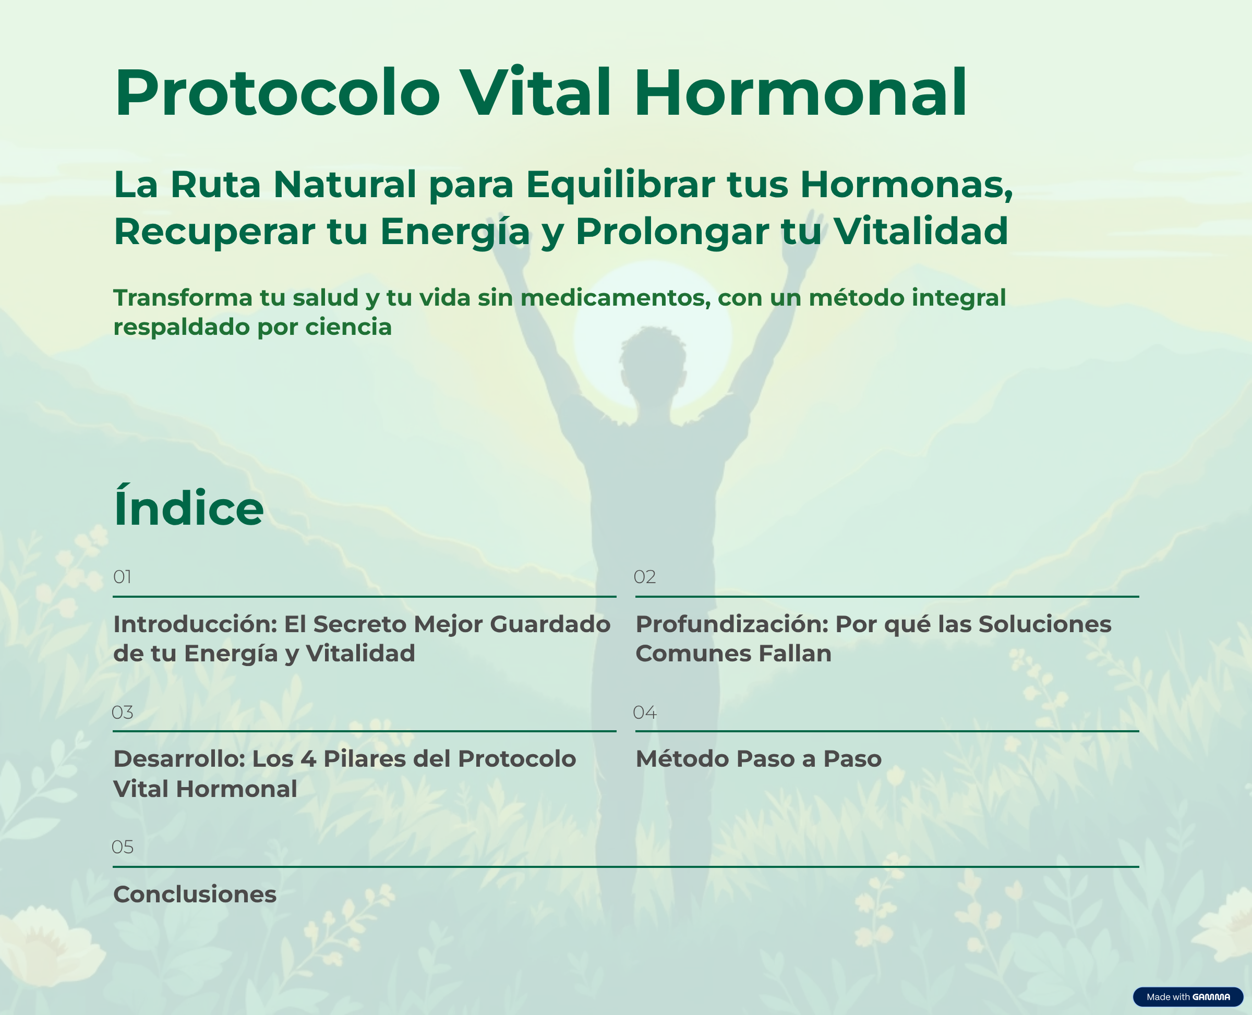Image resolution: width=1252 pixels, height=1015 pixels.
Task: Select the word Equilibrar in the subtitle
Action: pyautogui.click(x=620, y=185)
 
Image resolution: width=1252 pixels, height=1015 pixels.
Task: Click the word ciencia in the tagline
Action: pyautogui.click(x=348, y=327)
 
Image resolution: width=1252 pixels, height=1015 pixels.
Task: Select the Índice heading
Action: pyautogui.click(x=188, y=507)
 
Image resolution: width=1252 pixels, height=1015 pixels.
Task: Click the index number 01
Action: pyautogui.click(x=122, y=577)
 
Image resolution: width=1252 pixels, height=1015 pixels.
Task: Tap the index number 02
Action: pyautogui.click(x=644, y=577)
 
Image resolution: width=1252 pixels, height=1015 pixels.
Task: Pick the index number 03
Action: pyautogui.click(x=122, y=712)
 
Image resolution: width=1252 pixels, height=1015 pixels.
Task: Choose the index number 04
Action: pyautogui.click(x=644, y=712)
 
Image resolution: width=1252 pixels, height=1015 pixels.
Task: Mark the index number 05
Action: pyautogui.click(x=122, y=847)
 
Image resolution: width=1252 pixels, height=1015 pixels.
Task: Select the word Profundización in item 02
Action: pyautogui.click(x=732, y=624)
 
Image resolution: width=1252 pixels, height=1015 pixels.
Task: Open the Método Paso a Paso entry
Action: pyautogui.click(x=759, y=759)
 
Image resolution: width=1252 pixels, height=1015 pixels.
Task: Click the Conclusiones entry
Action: pyautogui.click(x=195, y=895)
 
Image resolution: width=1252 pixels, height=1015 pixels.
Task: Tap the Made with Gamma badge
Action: pyautogui.click(x=1188, y=997)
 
